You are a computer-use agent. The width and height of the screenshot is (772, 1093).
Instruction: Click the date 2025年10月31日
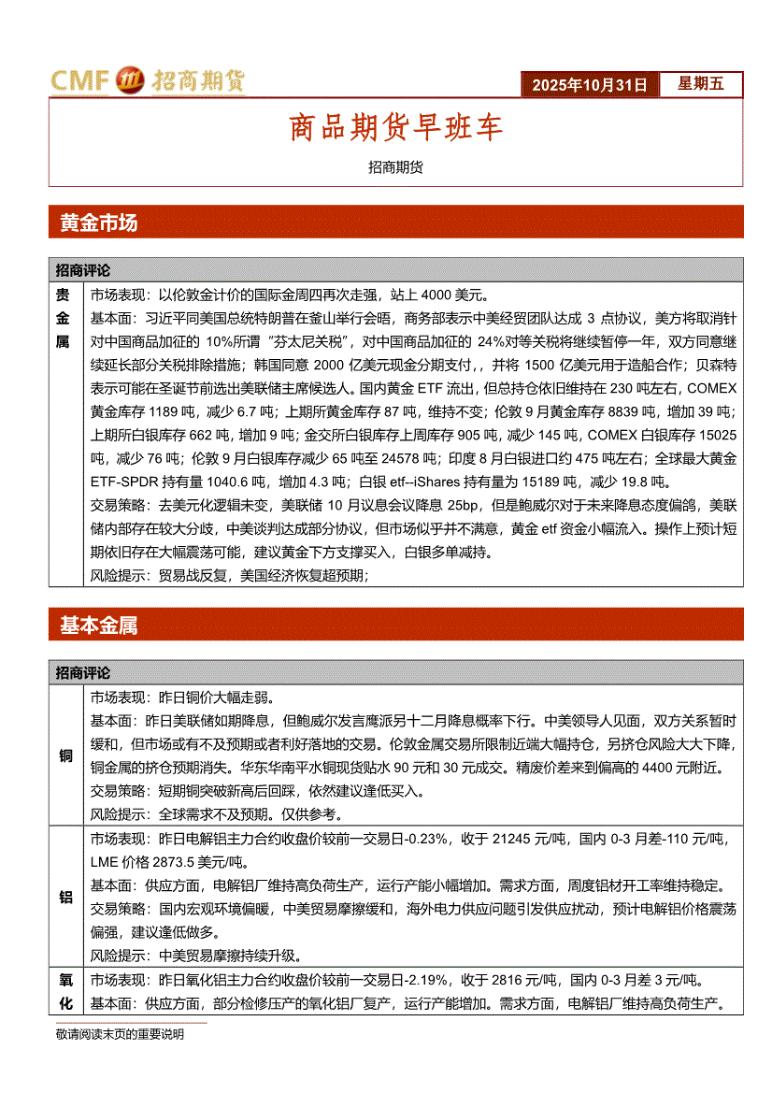[x=590, y=84]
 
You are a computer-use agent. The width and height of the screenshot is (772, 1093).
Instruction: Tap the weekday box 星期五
[x=700, y=84]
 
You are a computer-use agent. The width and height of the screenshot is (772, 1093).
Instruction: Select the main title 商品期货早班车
[x=395, y=128]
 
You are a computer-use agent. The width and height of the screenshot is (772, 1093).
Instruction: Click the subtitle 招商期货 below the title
[x=395, y=167]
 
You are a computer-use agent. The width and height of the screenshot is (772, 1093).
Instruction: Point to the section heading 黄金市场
[x=98, y=223]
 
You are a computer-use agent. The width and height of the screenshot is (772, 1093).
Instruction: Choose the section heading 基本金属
[x=98, y=626]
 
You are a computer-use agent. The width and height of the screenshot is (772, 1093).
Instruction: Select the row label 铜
[x=66, y=756]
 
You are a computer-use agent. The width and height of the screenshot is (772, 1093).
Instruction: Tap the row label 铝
[x=66, y=897]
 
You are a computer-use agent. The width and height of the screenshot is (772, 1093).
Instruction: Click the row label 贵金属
[x=64, y=318]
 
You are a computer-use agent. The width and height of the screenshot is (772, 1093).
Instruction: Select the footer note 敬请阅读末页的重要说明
[x=120, y=1035]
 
